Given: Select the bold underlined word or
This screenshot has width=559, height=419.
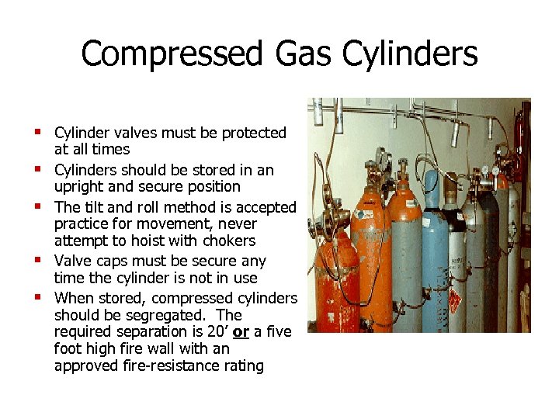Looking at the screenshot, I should click(241, 332).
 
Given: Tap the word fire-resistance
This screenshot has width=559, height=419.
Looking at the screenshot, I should click(167, 365).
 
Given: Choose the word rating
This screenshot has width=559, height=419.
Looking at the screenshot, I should click(241, 365).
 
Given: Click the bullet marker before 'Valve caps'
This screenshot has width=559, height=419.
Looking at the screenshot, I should click(37, 260).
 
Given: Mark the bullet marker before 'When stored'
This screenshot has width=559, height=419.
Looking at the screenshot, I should click(37, 296).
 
